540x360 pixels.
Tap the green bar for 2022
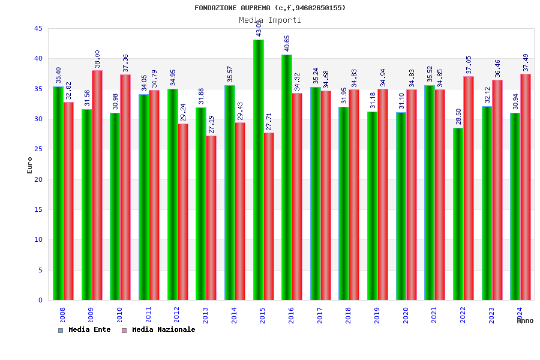click(x=458, y=214)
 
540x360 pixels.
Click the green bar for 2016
click(x=287, y=177)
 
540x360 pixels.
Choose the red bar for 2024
click(x=526, y=187)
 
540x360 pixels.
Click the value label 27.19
click(x=211, y=124)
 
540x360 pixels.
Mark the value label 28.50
click(x=458, y=116)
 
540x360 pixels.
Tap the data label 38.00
click(x=97, y=59)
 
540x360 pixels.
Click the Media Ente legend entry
click(x=85, y=329)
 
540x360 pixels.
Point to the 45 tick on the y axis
click(x=38, y=28)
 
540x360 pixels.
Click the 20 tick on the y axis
click(x=38, y=179)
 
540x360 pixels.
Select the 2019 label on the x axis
click(x=377, y=315)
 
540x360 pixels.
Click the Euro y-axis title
click(x=29, y=165)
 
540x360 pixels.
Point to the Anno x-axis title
click(x=525, y=320)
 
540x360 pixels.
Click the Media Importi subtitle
click(x=270, y=20)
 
